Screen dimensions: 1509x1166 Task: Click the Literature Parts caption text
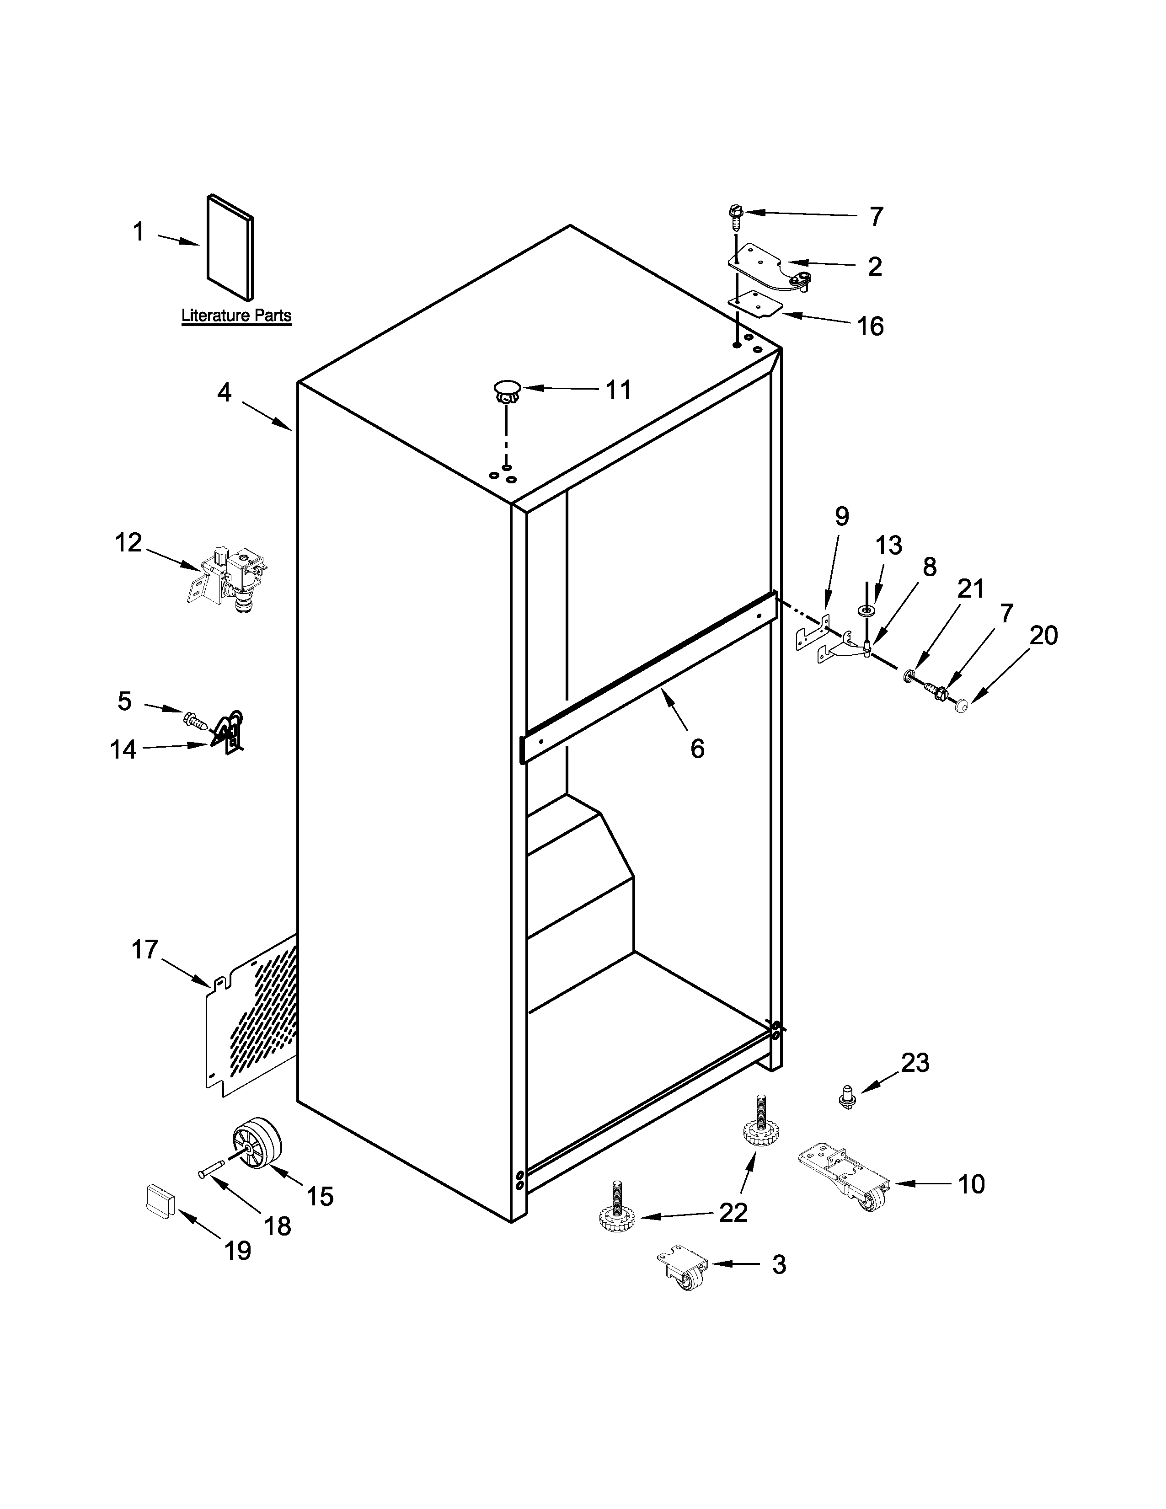236,316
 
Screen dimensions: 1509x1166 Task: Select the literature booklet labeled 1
230,249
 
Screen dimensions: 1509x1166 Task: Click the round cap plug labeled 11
507,391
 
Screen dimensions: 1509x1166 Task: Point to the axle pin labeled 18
210,1171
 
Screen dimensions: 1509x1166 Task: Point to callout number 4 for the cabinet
225,392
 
